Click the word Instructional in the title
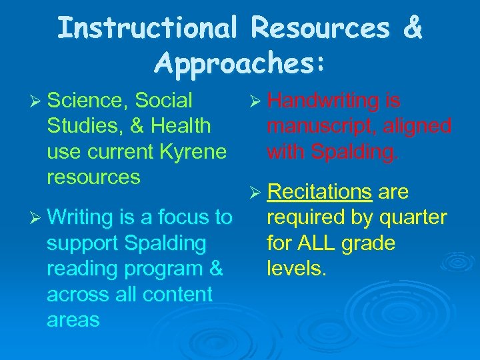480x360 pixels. click(147, 28)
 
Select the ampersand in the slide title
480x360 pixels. click(413, 28)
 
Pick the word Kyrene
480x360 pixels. click(193, 151)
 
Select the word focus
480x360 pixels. click(179, 217)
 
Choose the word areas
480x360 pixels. click(73, 319)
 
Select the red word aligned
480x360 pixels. click(418, 126)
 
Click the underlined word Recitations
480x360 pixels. click(319, 192)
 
